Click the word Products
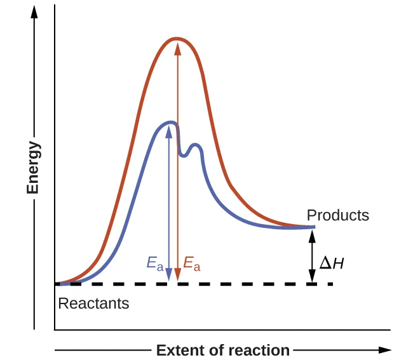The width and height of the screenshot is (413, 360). pos(337,215)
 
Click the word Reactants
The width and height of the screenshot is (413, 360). pos(93,303)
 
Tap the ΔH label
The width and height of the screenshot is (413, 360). pos(332,262)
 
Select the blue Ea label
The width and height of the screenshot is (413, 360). pos(155,262)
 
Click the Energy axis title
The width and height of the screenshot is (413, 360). pos(34,168)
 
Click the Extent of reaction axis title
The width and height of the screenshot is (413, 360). pos(223,350)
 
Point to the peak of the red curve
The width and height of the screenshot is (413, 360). pos(177,39)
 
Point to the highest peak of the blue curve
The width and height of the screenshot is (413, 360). pos(170,122)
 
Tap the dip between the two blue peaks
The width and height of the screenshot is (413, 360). pos(184,155)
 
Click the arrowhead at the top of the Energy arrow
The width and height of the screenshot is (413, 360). pos(34,11)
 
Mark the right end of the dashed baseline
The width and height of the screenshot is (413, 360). pos(332,284)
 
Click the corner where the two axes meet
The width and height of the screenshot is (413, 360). pos(55,330)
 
